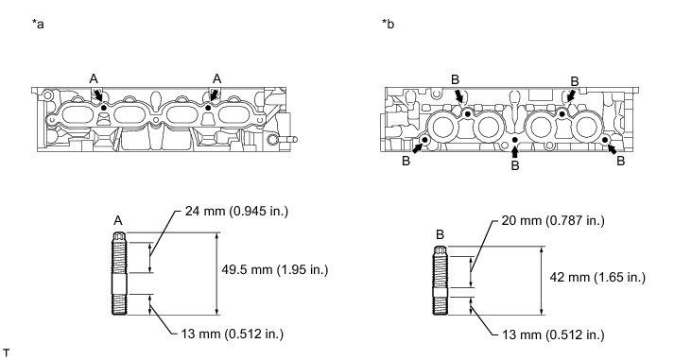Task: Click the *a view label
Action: (38, 24)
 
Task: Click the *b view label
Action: (389, 24)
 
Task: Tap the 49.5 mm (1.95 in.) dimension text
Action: (275, 270)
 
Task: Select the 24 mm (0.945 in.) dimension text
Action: (236, 211)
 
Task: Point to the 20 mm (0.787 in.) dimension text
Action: (553, 221)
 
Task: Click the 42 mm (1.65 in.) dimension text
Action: (597, 277)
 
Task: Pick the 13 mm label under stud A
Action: (233, 334)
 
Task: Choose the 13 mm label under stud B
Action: (553, 334)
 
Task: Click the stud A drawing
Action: (119, 273)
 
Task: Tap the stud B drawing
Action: (441, 281)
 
